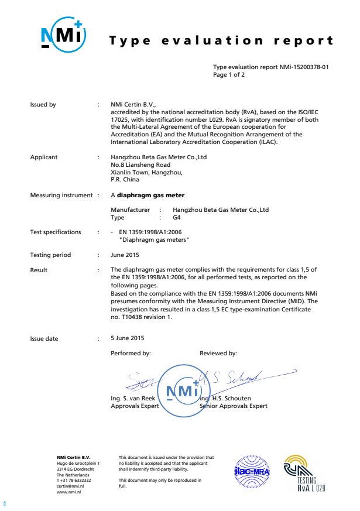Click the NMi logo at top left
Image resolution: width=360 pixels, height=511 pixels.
[x=64, y=36]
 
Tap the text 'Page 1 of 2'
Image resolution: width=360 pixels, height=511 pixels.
[x=229, y=75]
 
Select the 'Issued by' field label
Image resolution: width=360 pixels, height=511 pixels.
[x=43, y=105]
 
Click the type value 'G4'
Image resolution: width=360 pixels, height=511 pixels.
[x=178, y=217]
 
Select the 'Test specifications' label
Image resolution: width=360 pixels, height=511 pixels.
[x=56, y=232]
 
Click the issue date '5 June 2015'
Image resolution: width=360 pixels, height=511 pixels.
[x=127, y=338]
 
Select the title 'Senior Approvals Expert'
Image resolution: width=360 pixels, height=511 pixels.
[x=234, y=406]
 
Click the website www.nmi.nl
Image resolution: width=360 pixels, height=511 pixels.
[x=68, y=492]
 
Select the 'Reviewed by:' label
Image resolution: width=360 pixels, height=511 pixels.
[x=218, y=354]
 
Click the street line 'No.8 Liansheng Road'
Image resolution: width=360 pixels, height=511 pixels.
[x=140, y=165]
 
